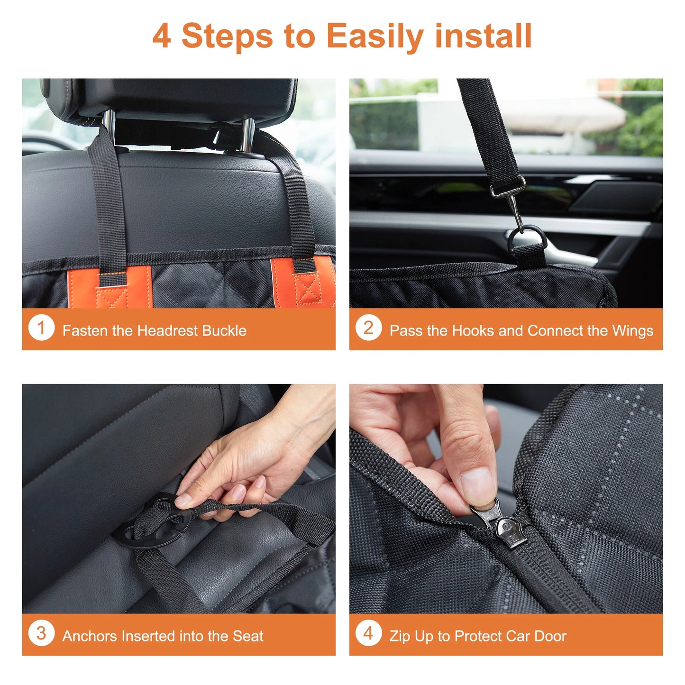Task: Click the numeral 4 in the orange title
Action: pyautogui.click(x=162, y=36)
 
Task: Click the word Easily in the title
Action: pyautogui.click(x=374, y=36)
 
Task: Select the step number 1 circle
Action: pyautogui.click(x=41, y=328)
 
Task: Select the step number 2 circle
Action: pyautogui.click(x=368, y=328)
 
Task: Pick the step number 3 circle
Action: pyautogui.click(x=41, y=633)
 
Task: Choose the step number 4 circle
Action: pyautogui.click(x=368, y=633)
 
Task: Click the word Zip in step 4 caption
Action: pyautogui.click(x=400, y=636)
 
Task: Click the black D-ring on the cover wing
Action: pyautogui.click(x=526, y=240)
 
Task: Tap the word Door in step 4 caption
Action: pyautogui.click(x=550, y=636)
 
